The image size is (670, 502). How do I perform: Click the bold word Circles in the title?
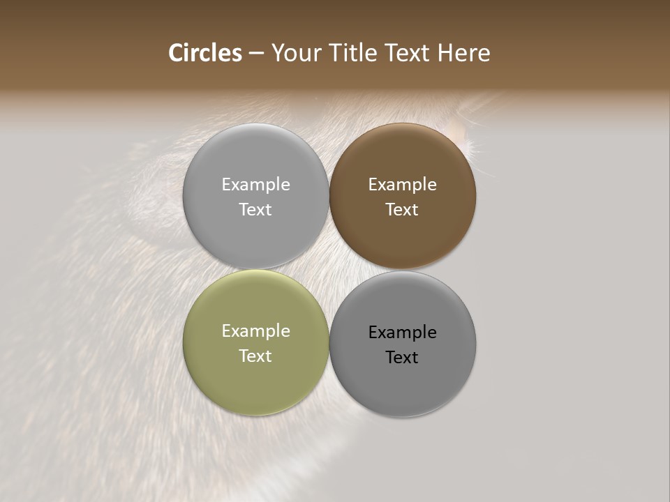205,53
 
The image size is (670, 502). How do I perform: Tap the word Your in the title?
295,53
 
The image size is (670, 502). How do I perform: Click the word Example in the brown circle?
403,185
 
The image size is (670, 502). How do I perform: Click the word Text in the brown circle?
402,209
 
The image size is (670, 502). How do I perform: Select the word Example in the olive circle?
255,331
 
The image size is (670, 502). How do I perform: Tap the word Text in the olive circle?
255,356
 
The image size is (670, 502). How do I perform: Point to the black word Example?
403,333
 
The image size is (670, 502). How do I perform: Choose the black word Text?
402,357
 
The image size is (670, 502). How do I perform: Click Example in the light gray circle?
255,185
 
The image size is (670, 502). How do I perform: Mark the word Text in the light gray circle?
255,209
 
